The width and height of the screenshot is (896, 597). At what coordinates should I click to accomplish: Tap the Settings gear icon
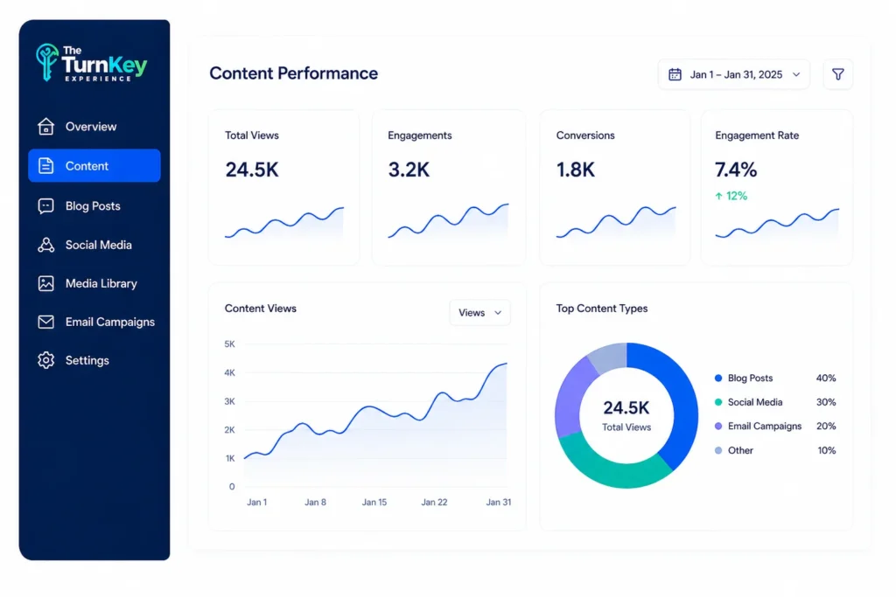click(x=46, y=360)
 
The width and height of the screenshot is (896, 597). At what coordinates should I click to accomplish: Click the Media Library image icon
click(x=46, y=284)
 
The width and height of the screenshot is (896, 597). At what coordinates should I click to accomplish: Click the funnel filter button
click(x=837, y=74)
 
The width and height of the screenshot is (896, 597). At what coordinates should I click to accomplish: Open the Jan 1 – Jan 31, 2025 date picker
click(x=734, y=74)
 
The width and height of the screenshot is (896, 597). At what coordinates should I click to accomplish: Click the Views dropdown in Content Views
click(x=480, y=313)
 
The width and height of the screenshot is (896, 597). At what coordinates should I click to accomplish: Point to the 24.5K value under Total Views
click(x=251, y=170)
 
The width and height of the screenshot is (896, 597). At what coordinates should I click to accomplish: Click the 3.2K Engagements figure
click(x=409, y=170)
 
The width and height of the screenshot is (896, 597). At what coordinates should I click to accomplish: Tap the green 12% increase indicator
click(x=731, y=196)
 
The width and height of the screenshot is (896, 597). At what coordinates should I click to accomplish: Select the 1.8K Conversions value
click(x=576, y=170)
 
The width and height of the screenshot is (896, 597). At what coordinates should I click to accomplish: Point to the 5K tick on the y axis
click(x=230, y=344)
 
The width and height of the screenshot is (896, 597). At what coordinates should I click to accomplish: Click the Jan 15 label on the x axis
click(x=374, y=503)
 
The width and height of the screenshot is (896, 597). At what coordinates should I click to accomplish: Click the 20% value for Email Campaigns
click(x=826, y=427)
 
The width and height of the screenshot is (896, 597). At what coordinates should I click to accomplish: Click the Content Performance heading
click(x=293, y=73)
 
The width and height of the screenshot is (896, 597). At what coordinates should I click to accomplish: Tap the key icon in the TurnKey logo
click(x=46, y=62)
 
